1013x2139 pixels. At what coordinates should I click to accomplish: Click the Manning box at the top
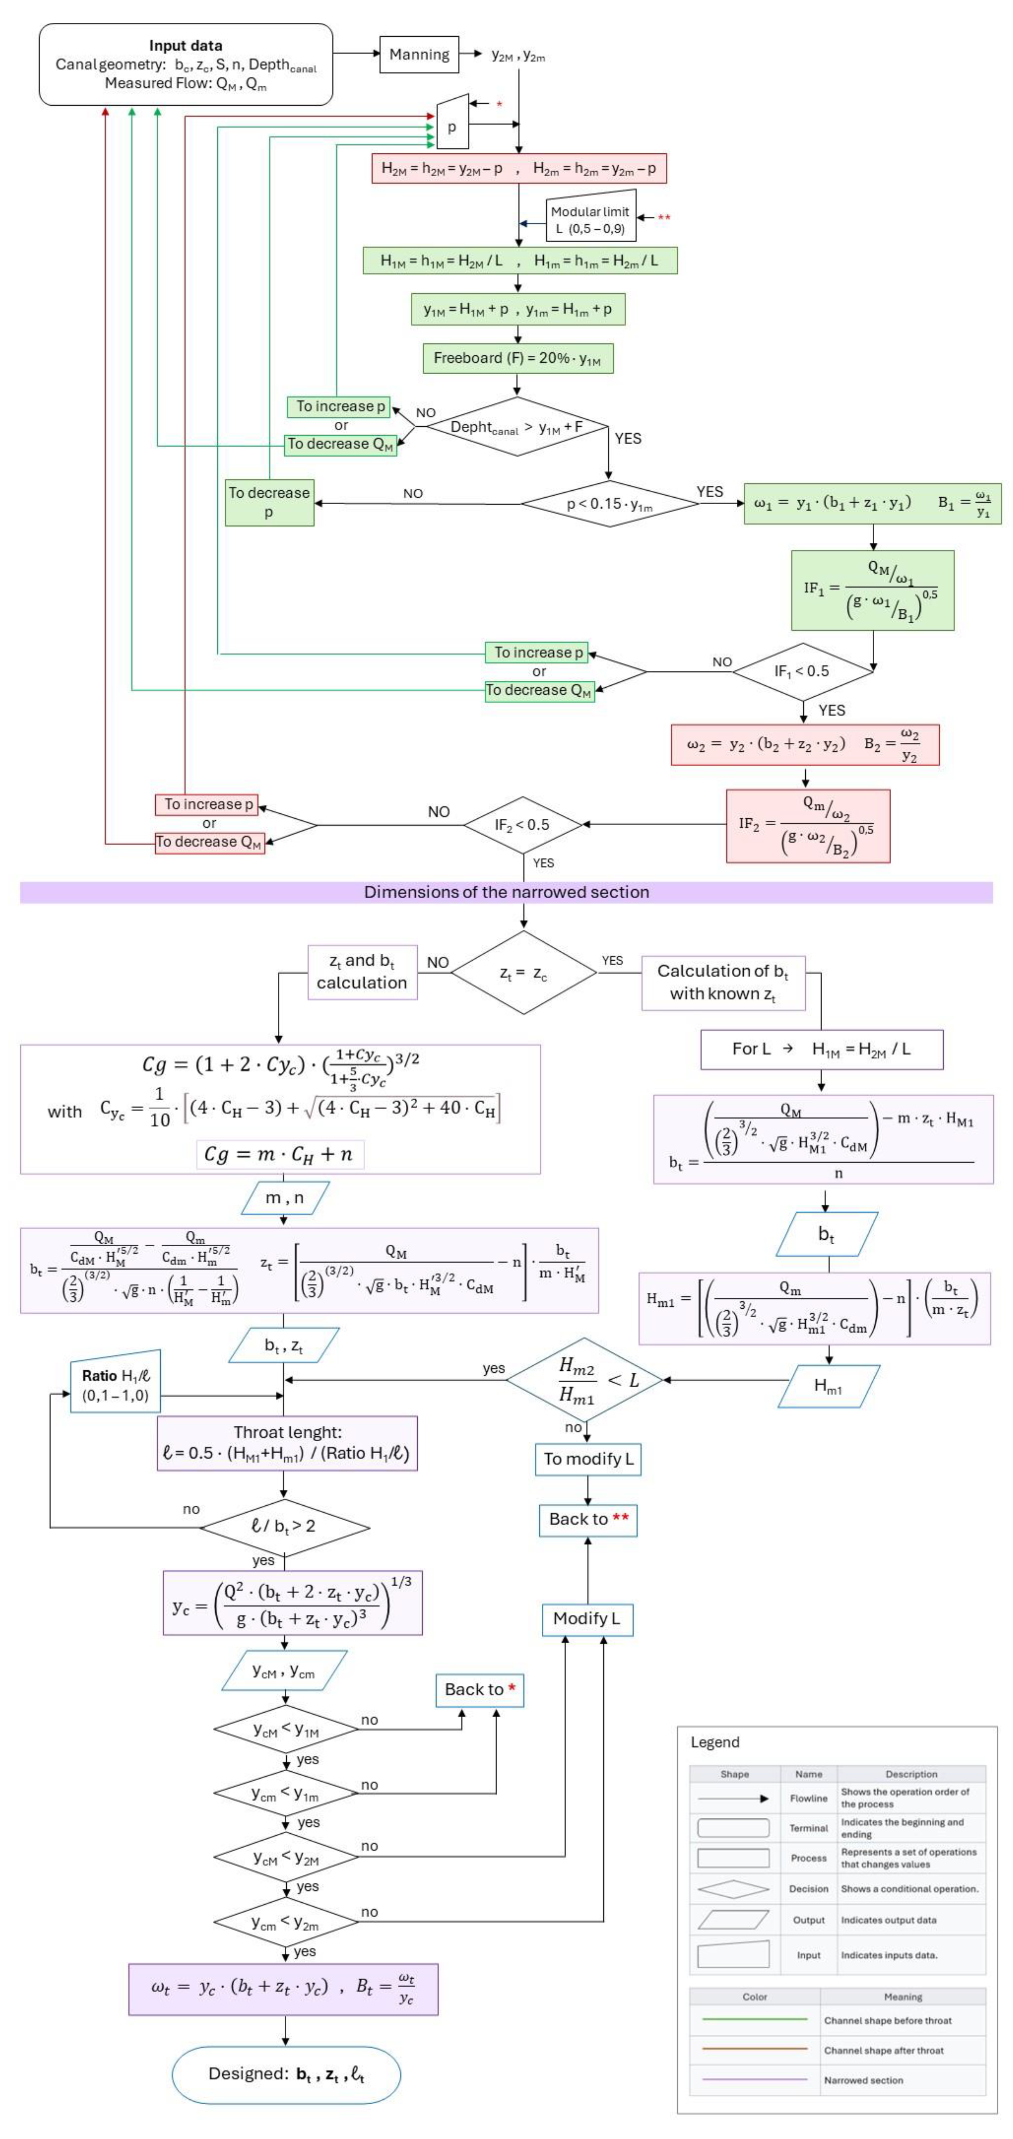point(419,55)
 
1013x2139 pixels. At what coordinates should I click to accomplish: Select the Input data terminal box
point(186,64)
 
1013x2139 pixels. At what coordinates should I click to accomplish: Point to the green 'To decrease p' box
point(269,502)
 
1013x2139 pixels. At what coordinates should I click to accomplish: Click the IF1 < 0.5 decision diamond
point(802,671)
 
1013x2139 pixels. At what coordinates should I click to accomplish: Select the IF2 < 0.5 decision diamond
point(522,825)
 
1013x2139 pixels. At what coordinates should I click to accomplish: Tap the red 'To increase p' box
point(208,804)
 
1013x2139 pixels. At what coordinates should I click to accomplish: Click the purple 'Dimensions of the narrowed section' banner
point(506,892)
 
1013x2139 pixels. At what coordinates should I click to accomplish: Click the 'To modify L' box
point(588,1459)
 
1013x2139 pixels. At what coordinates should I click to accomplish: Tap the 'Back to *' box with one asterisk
point(480,1690)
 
